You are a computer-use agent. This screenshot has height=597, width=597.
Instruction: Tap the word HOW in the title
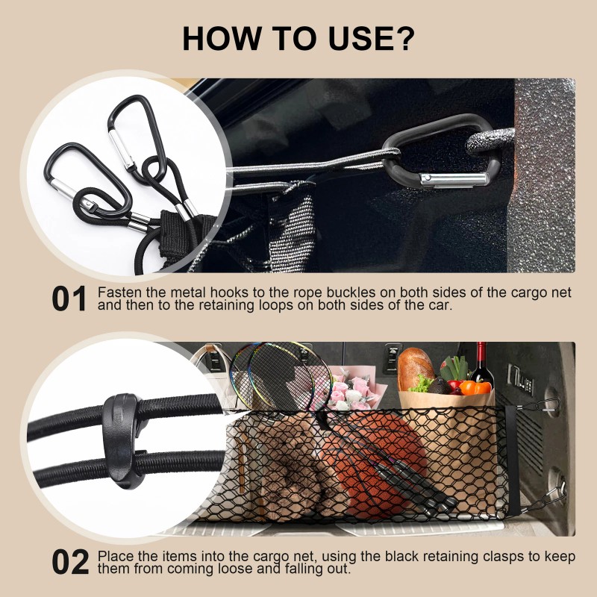click(222, 38)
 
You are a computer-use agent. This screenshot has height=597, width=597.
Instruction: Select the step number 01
click(69, 299)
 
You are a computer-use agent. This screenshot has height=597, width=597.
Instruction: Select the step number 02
click(70, 562)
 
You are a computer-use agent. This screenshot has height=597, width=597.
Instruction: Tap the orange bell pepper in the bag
click(475, 387)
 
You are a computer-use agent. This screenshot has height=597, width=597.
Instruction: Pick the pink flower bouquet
click(352, 388)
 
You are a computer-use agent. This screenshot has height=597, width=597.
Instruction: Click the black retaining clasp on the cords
click(122, 441)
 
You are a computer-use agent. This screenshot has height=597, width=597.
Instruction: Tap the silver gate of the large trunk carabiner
click(453, 179)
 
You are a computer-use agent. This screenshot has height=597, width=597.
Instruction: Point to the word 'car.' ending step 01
click(437, 305)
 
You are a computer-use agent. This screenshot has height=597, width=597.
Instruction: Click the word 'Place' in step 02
click(116, 556)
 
